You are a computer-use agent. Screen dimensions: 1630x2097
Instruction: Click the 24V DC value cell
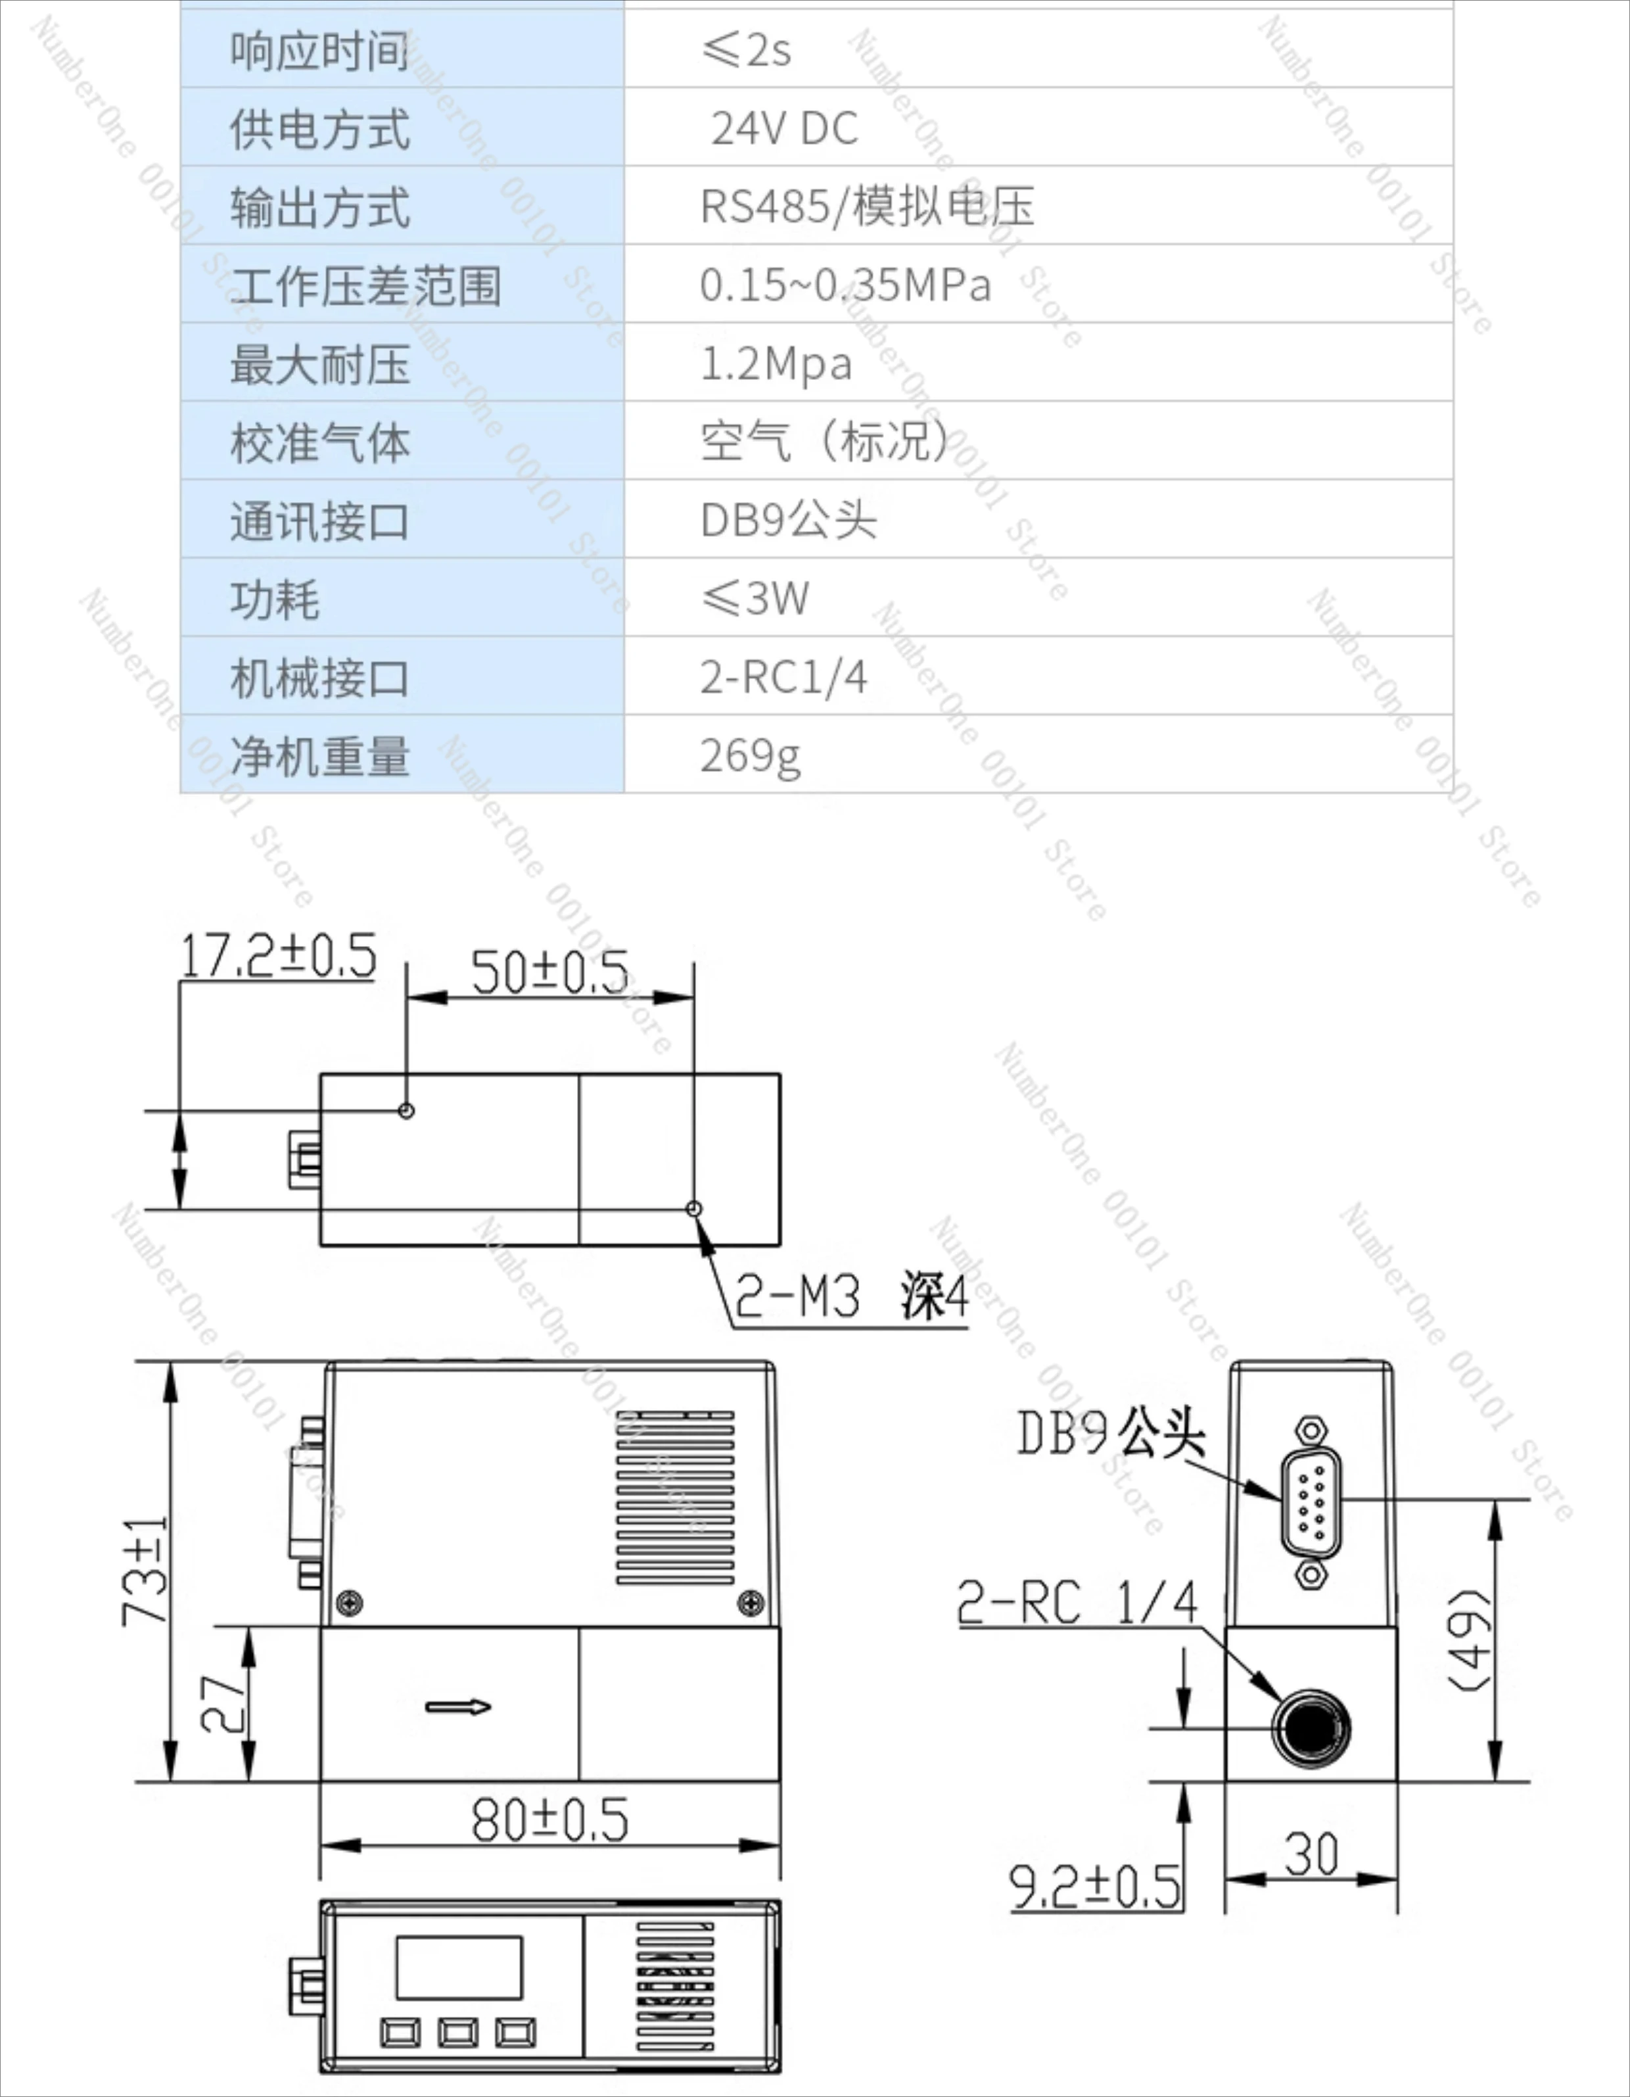pyautogui.click(x=784, y=128)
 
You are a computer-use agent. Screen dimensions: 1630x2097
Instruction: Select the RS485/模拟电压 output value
pyautogui.click(x=867, y=206)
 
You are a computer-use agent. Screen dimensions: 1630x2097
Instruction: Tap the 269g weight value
pyautogui.click(x=750, y=756)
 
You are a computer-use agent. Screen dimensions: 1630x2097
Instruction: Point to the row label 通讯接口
pyautogui.click(x=319, y=521)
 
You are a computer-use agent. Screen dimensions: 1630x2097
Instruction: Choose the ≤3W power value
pyautogui.click(x=755, y=598)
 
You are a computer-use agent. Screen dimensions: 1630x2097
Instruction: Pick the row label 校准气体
pyautogui.click(x=319, y=442)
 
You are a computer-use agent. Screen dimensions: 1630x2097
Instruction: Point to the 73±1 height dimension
pyautogui.click(x=146, y=1571)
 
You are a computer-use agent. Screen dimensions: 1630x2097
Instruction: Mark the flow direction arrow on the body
pyautogui.click(x=458, y=1707)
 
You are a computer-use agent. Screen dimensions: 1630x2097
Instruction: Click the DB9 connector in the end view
pyautogui.click(x=1311, y=1499)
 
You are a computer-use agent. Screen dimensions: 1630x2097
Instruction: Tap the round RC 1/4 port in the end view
pyautogui.click(x=1311, y=1728)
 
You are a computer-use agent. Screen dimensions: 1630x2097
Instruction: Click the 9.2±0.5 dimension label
pyautogui.click(x=1095, y=1886)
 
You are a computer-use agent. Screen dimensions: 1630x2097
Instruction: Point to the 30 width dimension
pyautogui.click(x=1311, y=1853)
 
